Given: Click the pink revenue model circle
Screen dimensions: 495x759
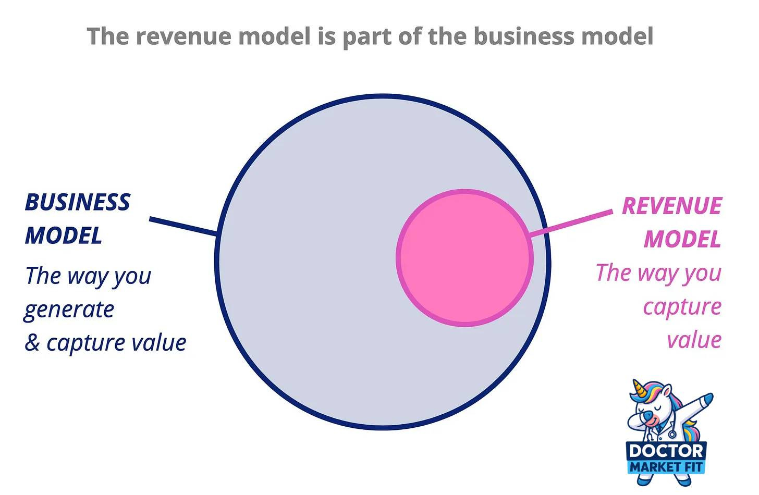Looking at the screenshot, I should (464, 258).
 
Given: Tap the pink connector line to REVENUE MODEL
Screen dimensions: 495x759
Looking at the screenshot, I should (571, 224).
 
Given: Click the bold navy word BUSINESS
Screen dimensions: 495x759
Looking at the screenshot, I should (77, 203).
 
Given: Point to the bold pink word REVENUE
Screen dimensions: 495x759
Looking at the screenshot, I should (671, 206).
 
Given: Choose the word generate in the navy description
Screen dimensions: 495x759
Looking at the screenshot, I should (69, 310).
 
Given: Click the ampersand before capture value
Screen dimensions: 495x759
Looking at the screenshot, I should (32, 343).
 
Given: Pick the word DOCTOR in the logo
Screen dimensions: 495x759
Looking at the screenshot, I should (666, 450).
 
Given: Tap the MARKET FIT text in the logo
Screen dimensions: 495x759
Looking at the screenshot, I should (666, 466).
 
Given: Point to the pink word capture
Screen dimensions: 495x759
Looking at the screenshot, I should (682, 307).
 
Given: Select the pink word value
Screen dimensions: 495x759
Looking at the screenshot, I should (694, 340).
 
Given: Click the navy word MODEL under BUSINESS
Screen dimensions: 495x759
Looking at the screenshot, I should (64, 236).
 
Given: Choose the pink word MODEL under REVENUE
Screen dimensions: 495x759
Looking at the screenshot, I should (682, 239).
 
